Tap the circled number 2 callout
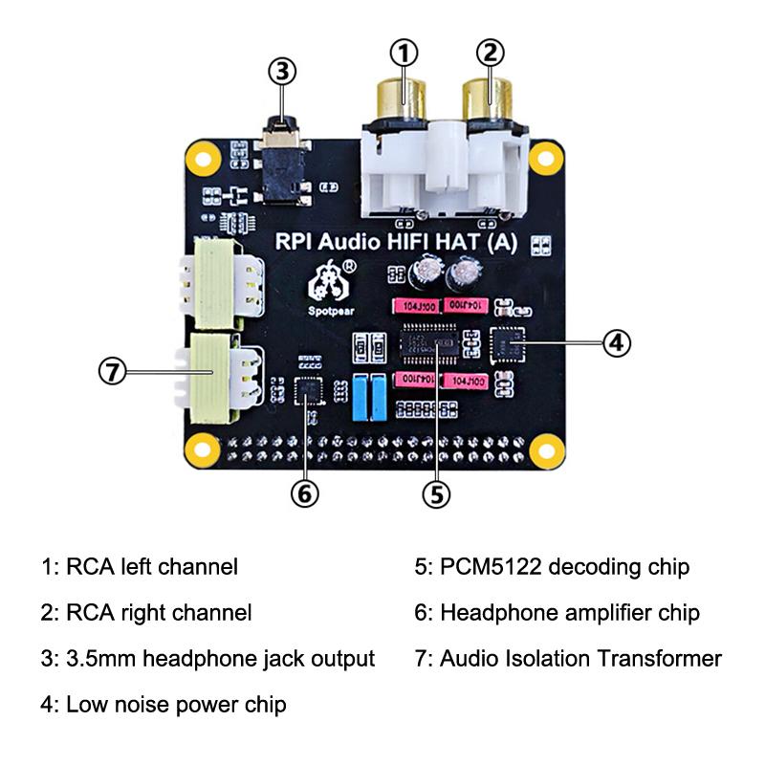click(489, 54)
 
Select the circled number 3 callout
click(282, 71)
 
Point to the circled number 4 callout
click(617, 341)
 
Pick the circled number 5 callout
click(436, 493)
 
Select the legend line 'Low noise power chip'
click(176, 706)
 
